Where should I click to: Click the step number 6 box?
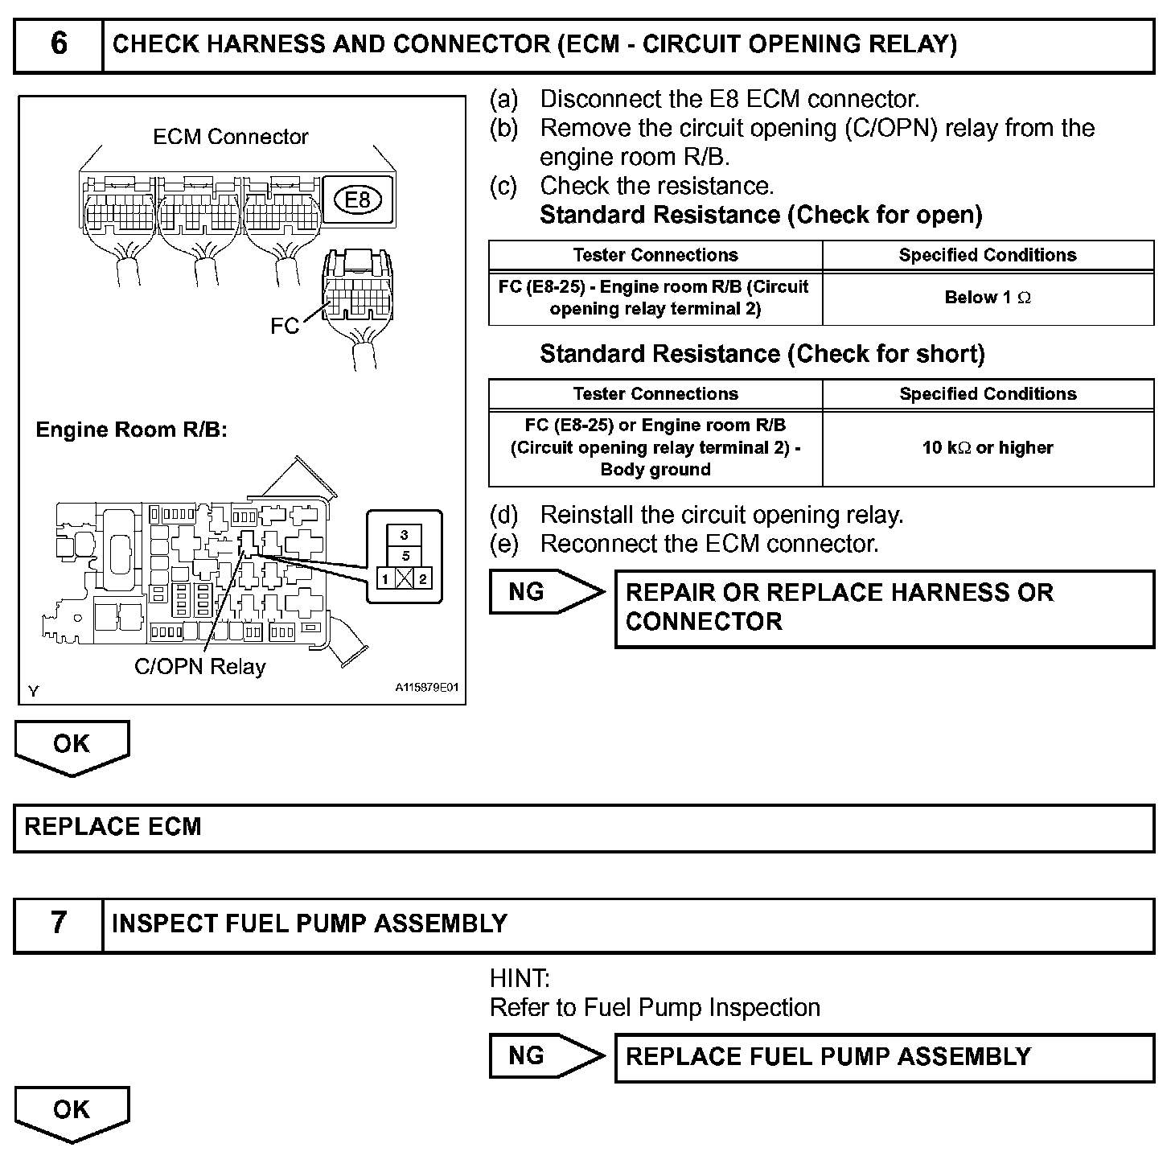59,45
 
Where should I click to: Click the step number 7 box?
59,924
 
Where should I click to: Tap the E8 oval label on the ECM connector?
357,199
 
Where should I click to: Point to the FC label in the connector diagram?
285,326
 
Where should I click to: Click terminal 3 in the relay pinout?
405,535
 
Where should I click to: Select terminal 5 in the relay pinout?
405,557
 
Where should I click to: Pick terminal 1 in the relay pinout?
385,578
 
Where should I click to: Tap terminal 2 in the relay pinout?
423,578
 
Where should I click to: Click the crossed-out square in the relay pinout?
405,578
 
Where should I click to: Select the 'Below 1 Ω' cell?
988,298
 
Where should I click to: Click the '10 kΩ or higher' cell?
988,448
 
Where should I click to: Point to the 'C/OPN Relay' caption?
199,667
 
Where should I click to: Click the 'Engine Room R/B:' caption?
132,430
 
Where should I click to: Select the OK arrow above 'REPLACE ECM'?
72,746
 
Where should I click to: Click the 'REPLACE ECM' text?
113,828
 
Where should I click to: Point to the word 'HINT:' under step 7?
520,979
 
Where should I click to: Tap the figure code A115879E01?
426,689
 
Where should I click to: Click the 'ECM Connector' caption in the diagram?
231,138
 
